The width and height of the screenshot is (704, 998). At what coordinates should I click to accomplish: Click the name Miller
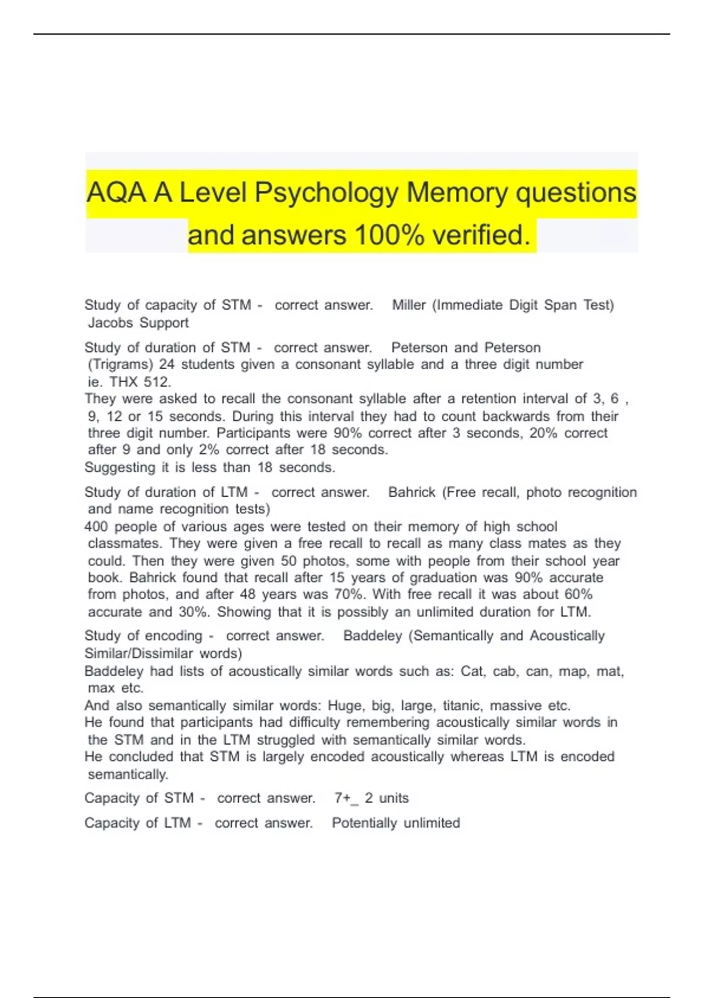pos(408,305)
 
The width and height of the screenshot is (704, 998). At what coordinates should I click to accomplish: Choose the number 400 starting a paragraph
pos(96,527)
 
